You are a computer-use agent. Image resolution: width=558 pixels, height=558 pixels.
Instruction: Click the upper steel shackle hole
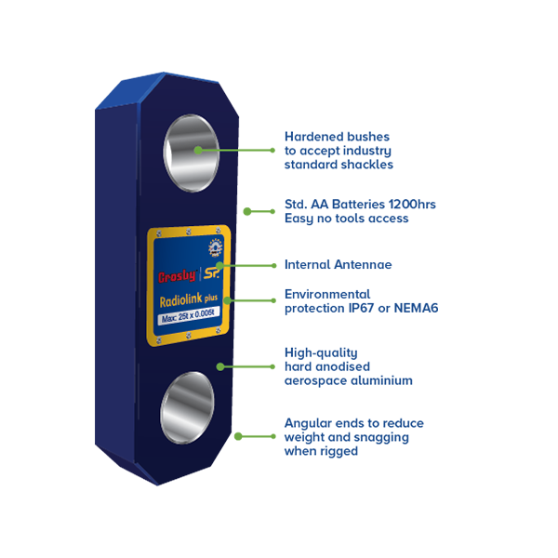(191, 153)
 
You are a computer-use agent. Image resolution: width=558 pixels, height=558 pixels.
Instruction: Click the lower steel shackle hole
(187, 408)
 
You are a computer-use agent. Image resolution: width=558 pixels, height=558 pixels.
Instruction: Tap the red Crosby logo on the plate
(177, 276)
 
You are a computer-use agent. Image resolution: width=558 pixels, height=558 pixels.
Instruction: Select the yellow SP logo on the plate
(212, 272)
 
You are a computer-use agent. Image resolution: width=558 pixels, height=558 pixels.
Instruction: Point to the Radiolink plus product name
(188, 299)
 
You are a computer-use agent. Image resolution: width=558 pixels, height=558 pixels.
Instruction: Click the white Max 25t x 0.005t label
(188, 315)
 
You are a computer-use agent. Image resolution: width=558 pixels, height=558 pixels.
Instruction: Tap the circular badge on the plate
(216, 247)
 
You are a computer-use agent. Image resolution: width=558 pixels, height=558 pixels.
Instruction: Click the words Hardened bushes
(337, 137)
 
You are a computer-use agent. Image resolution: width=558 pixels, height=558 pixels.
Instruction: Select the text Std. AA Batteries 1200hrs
(360, 205)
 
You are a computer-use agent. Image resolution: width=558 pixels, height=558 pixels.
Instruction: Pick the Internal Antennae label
(339, 265)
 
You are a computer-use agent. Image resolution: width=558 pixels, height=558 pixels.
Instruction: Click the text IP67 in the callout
(361, 308)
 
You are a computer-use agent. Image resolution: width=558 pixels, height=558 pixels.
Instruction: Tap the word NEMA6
(416, 308)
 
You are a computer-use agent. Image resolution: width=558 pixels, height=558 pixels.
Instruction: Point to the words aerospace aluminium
(349, 380)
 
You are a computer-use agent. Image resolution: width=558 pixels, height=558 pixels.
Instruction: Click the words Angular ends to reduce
(354, 423)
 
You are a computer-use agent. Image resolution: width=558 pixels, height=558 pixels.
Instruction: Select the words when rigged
(321, 451)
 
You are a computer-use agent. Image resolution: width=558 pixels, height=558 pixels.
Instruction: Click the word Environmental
(327, 294)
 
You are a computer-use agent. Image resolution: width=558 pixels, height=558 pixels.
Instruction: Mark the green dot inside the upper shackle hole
(198, 150)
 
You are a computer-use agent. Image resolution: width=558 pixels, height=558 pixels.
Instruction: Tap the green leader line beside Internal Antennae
(247, 265)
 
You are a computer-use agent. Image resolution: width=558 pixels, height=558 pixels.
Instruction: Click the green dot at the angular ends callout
(238, 436)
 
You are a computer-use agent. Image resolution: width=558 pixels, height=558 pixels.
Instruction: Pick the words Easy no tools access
(346, 219)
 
